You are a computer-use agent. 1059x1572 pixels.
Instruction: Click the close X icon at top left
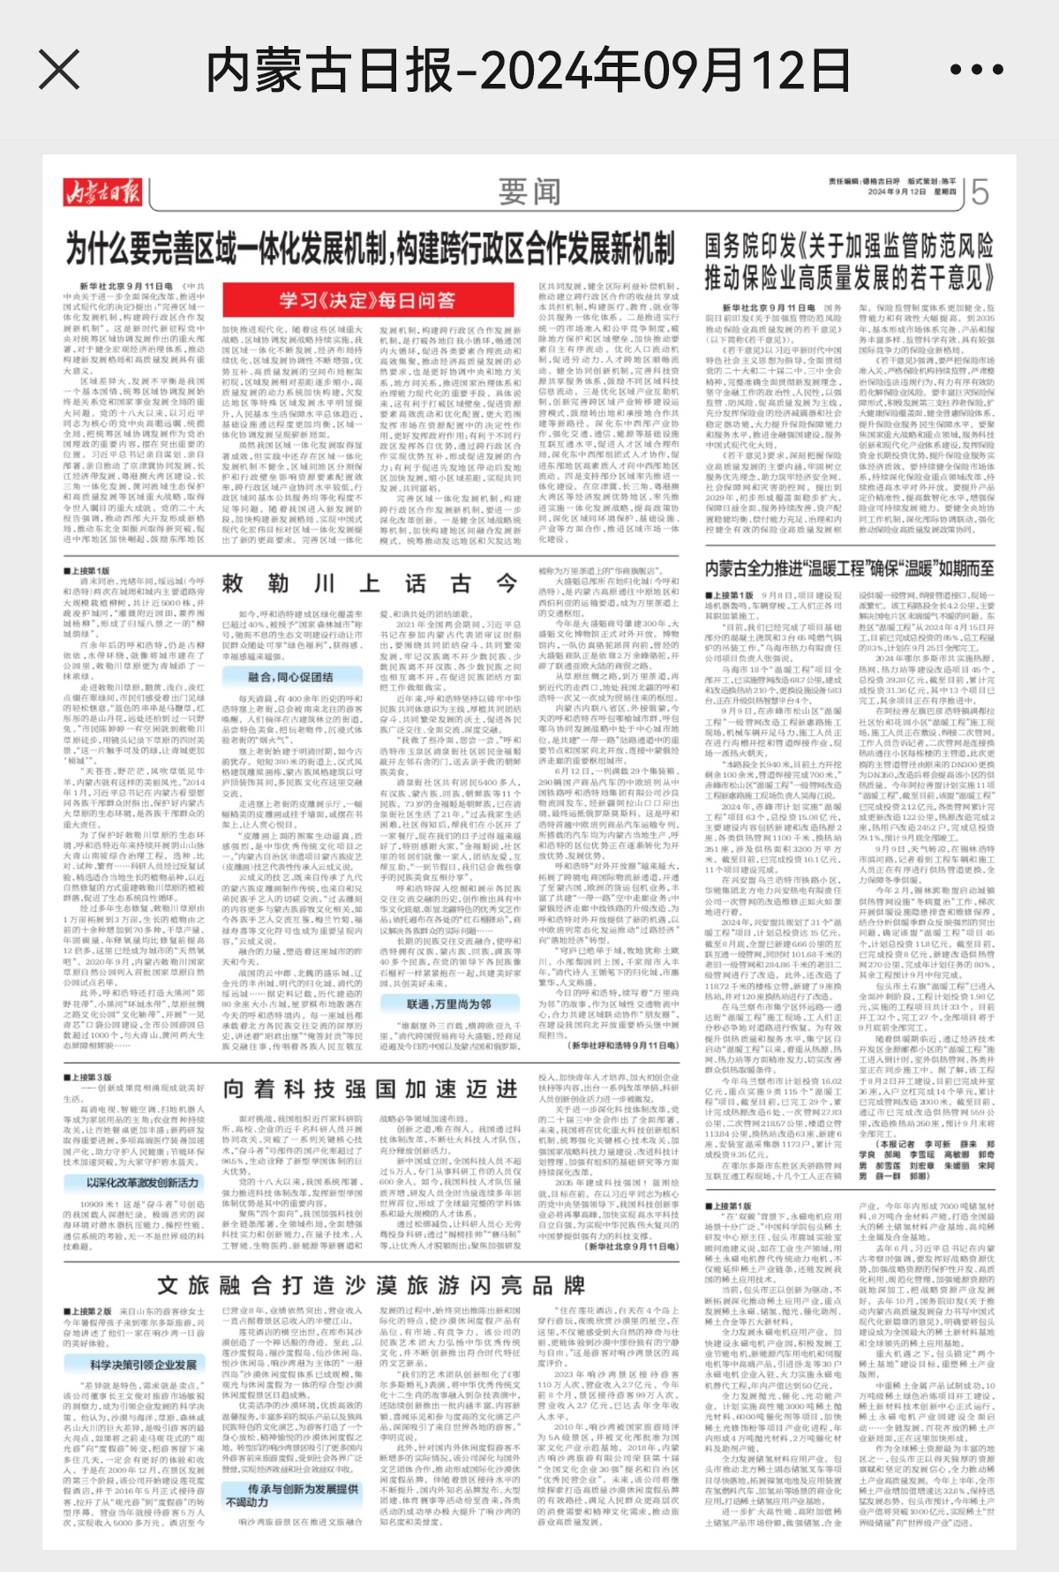(x=59, y=70)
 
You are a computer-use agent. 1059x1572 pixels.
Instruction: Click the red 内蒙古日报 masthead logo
(x=101, y=191)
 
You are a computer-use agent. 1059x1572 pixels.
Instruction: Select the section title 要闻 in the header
(x=529, y=191)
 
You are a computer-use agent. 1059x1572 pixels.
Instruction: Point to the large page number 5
(x=980, y=192)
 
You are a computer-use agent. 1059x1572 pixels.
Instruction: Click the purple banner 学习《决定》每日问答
(x=367, y=301)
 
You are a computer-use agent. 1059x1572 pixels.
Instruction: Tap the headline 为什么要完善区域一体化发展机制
(x=371, y=249)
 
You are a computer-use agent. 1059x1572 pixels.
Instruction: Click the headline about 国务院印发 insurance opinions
(x=849, y=262)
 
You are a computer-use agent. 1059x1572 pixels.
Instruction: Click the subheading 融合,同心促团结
(x=291, y=677)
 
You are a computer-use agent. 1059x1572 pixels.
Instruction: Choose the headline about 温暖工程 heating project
(x=849, y=568)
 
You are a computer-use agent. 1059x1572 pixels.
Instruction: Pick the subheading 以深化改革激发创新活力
(x=142, y=1182)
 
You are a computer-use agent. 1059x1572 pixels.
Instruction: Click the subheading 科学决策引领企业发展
(x=143, y=1364)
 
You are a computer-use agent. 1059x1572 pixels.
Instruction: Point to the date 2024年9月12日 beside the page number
(x=897, y=192)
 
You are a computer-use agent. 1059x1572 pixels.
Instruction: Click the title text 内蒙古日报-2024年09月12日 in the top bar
(x=528, y=71)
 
